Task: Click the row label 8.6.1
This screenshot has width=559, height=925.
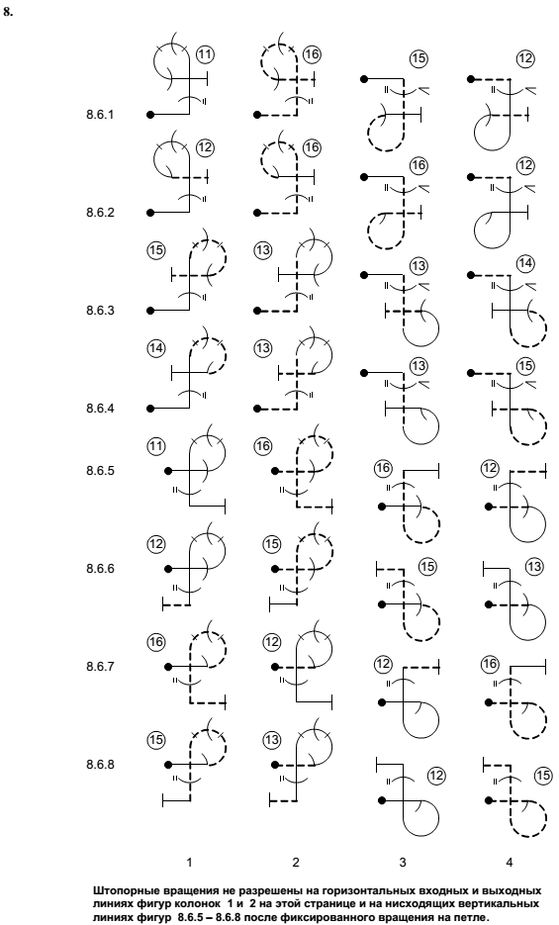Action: [x=100, y=115]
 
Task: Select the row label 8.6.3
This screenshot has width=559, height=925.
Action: [x=100, y=311]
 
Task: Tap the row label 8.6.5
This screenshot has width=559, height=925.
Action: [x=100, y=471]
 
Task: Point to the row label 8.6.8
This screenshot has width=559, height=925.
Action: [x=100, y=765]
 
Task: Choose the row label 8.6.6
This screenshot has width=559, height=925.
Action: [x=100, y=569]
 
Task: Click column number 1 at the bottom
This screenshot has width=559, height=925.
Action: [x=189, y=863]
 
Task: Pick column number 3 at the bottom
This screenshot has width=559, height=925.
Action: [x=403, y=863]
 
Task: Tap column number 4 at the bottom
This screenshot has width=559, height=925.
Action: [x=510, y=863]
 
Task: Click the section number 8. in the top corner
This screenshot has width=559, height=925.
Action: [x=8, y=11]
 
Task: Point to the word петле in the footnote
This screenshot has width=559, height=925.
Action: [x=475, y=917]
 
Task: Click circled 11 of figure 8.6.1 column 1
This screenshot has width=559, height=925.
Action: [x=205, y=54]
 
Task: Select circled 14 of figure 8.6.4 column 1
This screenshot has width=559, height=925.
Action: [x=156, y=348]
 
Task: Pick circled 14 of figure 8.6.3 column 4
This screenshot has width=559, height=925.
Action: [x=525, y=264]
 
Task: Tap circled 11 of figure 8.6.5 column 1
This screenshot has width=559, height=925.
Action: [x=156, y=446]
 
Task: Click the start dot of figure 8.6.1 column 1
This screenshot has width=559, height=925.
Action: [x=150, y=115]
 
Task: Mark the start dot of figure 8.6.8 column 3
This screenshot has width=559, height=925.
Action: [x=382, y=800]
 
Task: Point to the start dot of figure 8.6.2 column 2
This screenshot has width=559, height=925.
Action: [x=257, y=213]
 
